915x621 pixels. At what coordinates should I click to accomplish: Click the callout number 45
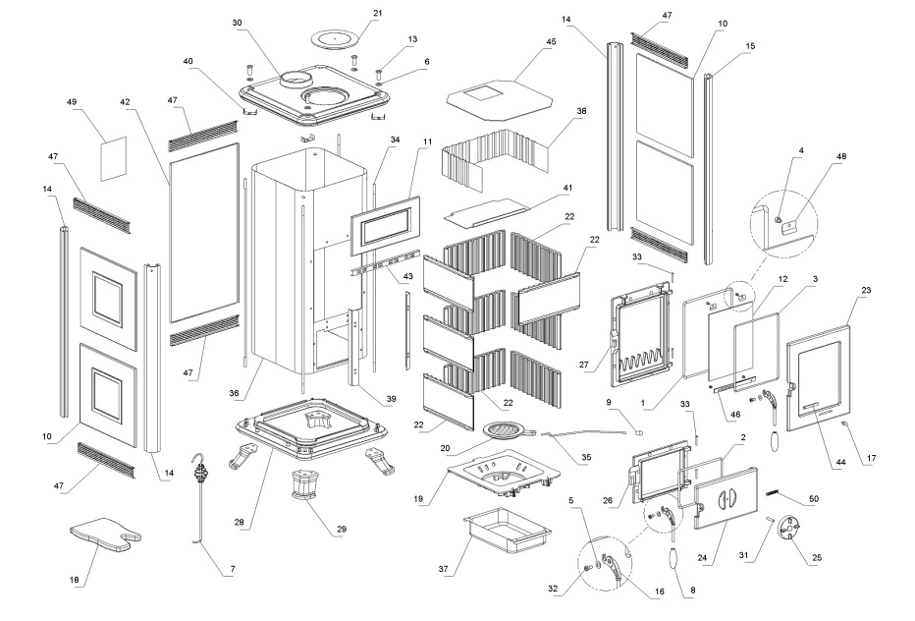tap(551, 42)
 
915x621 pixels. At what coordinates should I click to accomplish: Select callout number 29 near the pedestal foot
tap(341, 530)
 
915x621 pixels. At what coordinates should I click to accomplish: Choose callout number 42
tap(126, 101)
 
